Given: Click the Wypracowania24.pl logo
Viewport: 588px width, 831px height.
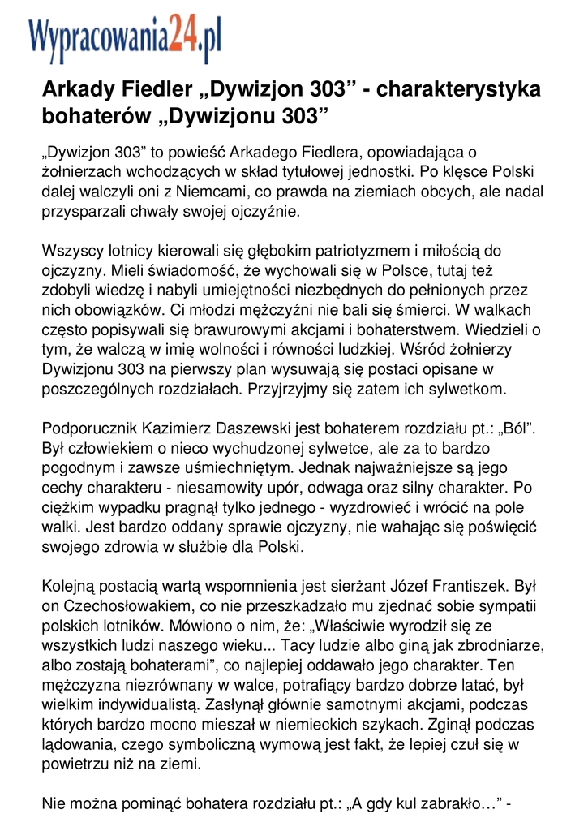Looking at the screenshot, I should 125,40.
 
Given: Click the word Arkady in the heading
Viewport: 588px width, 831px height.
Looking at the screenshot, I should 79,89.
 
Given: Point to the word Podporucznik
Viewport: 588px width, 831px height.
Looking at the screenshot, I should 91,428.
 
